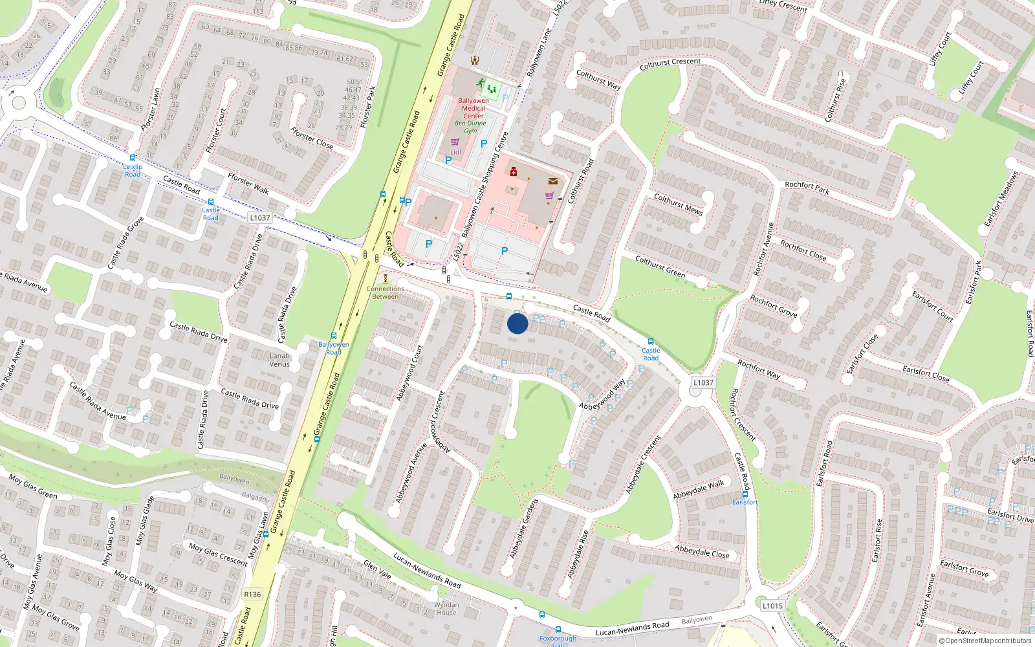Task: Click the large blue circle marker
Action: point(517,323)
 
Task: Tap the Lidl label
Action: point(455,152)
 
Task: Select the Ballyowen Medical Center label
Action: point(474,108)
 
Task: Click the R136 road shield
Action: point(252,595)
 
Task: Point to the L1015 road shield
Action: point(772,606)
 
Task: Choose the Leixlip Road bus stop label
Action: point(133,170)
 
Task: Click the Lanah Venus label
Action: point(279,360)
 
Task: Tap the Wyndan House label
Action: point(446,609)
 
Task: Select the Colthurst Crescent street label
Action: point(670,64)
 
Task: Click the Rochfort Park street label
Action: point(807,188)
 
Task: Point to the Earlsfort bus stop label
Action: point(745,502)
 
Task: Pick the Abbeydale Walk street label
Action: point(699,489)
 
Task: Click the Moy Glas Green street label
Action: point(32,486)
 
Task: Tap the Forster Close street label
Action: point(312,138)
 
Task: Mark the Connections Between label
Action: point(385,293)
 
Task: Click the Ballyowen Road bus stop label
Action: point(333,348)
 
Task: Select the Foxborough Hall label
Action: point(558,641)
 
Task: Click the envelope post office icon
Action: point(552,181)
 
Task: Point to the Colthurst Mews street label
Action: point(678,204)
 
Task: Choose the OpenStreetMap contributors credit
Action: point(985,641)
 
